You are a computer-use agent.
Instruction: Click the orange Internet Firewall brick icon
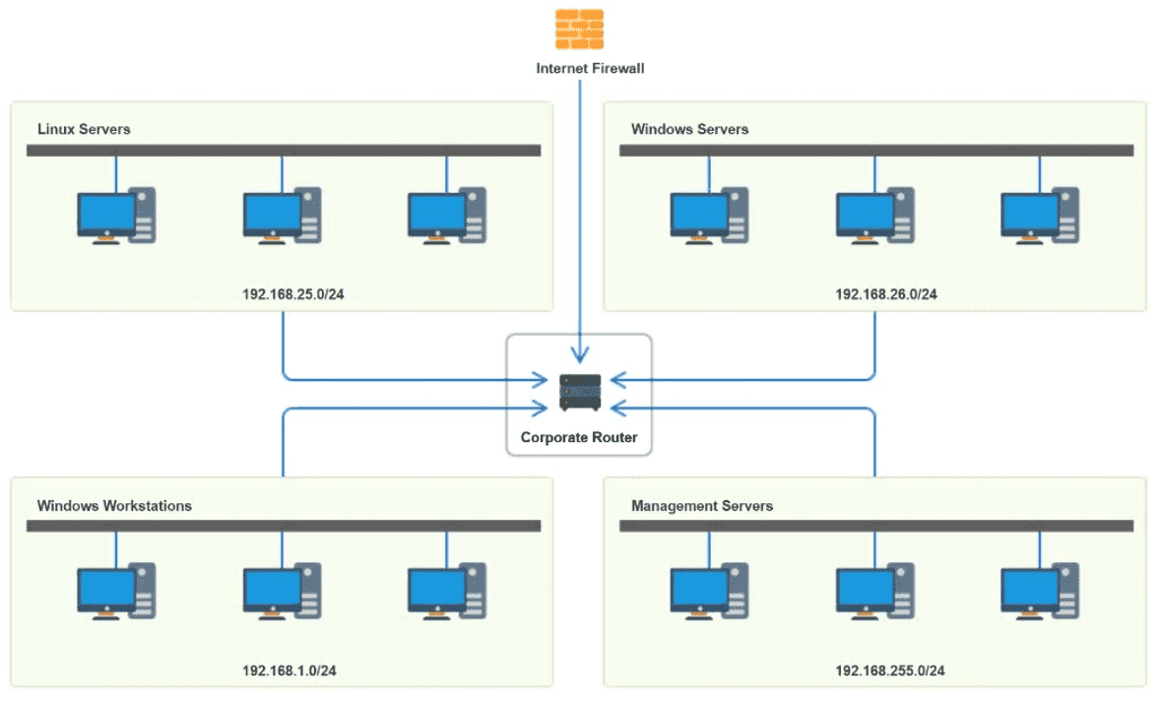coord(579,29)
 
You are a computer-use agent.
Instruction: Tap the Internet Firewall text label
coord(590,69)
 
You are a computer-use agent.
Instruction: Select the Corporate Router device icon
coord(579,392)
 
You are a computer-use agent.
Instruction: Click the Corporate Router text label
coord(579,436)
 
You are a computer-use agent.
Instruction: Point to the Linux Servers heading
coord(84,129)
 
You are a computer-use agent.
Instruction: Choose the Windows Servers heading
coord(689,129)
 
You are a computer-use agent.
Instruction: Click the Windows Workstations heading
coord(114,506)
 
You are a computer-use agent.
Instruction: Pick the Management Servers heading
coord(702,506)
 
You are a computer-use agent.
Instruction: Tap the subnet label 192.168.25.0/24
coord(292,293)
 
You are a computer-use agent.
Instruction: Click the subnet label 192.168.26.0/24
coord(886,293)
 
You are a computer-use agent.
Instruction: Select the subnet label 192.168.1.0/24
coord(289,671)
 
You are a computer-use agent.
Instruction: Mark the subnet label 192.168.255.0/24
coord(890,671)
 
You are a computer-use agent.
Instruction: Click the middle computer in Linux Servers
coord(282,216)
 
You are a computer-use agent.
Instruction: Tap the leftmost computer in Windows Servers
coord(709,216)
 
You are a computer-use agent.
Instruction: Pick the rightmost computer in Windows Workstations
coord(447,593)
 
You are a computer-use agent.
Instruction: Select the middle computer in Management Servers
coord(874,593)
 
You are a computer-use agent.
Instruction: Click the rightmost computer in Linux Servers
coord(447,216)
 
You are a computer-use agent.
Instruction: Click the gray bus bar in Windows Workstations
coord(284,527)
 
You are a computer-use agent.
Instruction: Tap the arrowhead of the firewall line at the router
coord(580,355)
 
